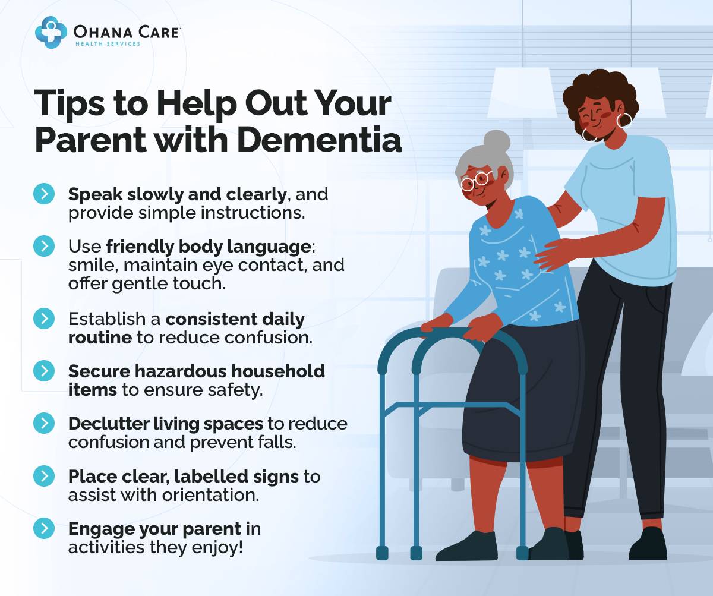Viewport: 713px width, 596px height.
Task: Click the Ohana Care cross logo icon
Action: (51, 32)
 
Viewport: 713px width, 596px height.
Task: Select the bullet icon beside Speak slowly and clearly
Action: (44, 194)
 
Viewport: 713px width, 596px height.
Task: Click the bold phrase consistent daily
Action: (235, 319)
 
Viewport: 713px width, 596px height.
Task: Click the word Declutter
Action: (103, 424)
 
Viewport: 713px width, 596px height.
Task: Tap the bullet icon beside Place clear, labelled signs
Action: (44, 476)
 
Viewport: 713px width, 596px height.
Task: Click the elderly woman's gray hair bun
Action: (496, 142)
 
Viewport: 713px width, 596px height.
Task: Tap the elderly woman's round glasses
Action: (475, 180)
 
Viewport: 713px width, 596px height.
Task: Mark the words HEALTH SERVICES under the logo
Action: (108, 43)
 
